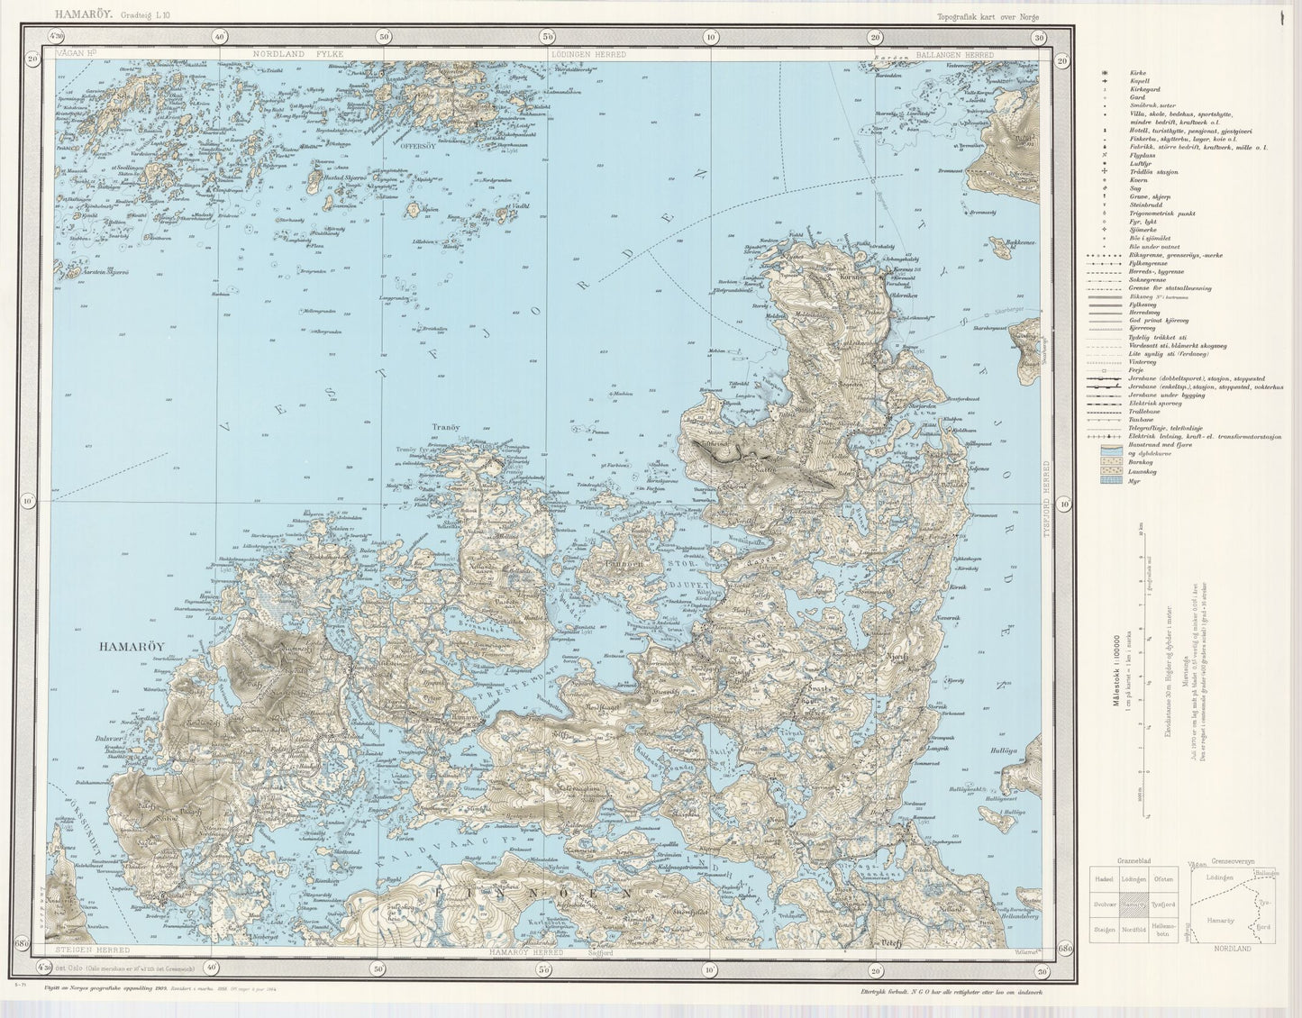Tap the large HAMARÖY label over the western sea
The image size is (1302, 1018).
click(x=131, y=646)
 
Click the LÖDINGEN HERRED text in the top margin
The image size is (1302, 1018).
click(x=587, y=55)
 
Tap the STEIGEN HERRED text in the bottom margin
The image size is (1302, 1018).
click(x=93, y=950)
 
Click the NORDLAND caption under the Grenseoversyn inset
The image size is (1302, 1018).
click(x=1234, y=950)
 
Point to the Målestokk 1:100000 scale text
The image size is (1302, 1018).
click(x=1115, y=672)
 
